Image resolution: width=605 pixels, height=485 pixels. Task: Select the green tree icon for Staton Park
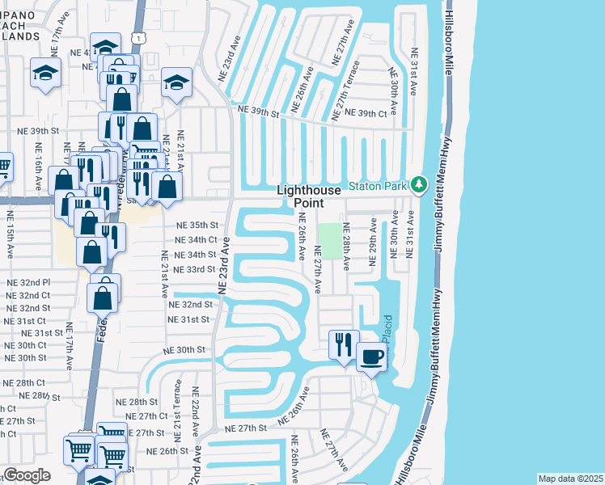418,186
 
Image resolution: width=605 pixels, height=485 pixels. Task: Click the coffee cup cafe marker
371,356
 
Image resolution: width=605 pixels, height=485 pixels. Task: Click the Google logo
27,475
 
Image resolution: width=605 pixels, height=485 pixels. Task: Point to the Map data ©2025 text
569,479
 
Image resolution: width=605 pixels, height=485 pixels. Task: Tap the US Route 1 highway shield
141,39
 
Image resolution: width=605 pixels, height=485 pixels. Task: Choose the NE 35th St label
197,225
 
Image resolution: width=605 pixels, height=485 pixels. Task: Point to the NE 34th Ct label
197,239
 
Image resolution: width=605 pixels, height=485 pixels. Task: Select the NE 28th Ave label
345,242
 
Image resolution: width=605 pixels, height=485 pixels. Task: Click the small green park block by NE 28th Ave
329,237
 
